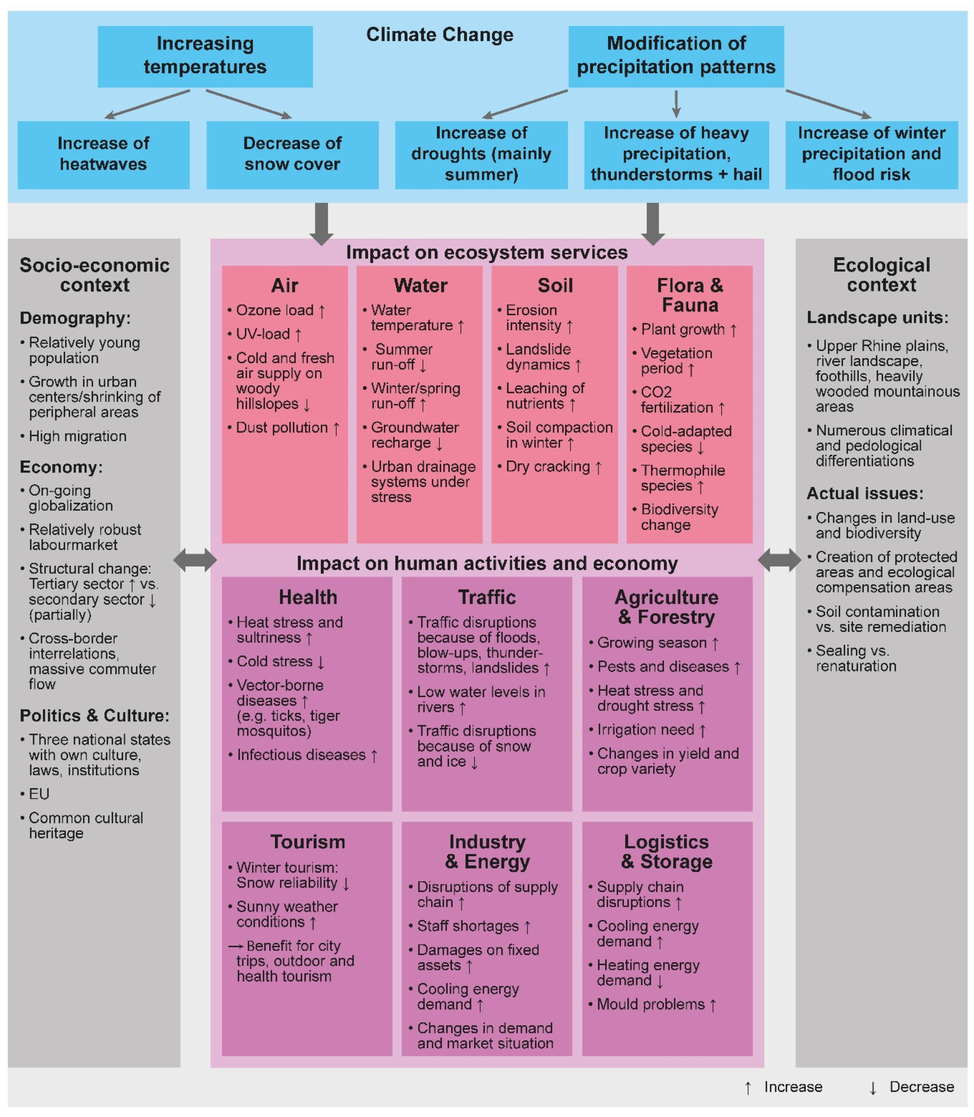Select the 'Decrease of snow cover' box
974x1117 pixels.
[292, 154]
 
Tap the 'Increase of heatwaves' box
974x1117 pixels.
[103, 154]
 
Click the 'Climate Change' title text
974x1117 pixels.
[440, 35]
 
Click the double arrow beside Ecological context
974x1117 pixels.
[779, 560]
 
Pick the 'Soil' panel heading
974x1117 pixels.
[555, 285]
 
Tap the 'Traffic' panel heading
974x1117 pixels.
[487, 597]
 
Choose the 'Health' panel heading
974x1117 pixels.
[308, 597]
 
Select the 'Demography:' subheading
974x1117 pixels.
[75, 318]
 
